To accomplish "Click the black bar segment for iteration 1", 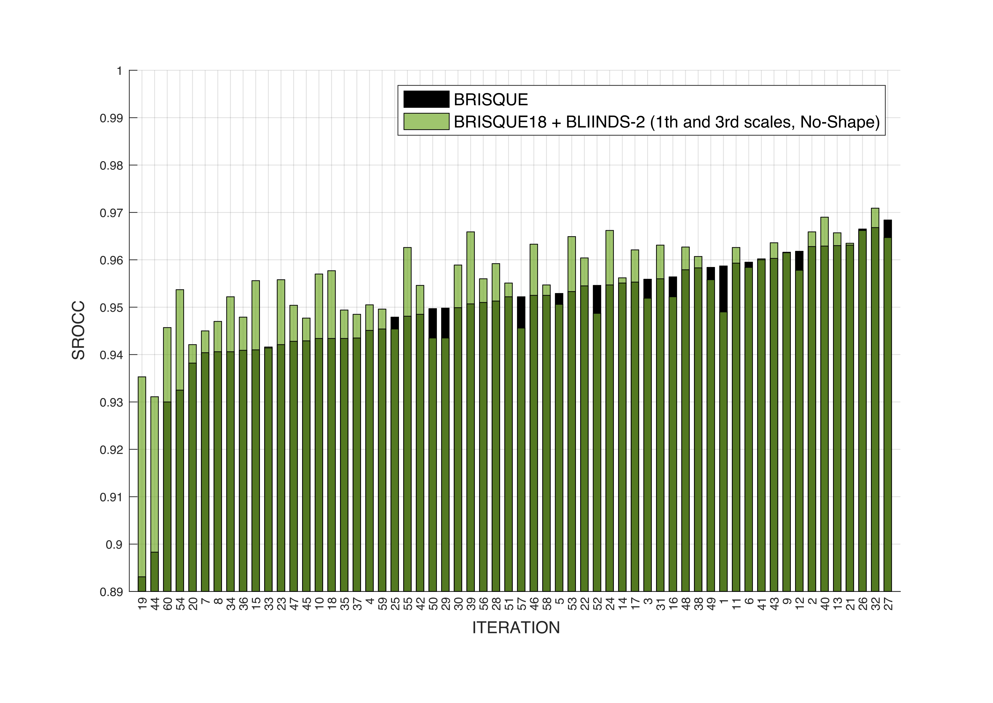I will coord(723,289).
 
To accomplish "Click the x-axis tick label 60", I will coord(167,604).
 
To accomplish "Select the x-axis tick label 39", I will coord(471,604).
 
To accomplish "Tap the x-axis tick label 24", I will coord(610,604).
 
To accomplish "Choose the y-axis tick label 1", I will coord(119,71).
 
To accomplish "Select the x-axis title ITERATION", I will coord(516,628).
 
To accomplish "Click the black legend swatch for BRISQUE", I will coord(426,99).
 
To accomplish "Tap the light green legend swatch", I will coord(426,122).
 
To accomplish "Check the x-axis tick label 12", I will coord(800,604).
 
